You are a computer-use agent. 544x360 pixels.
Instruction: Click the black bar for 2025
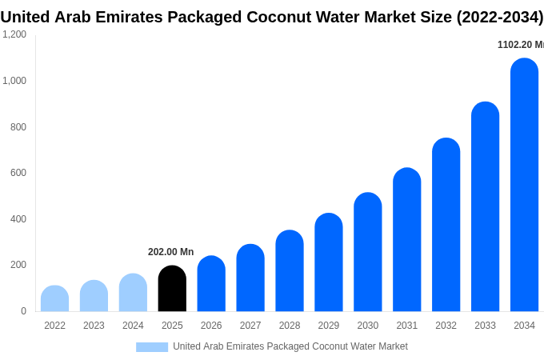tap(172, 289)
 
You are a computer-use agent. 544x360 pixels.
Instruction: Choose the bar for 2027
tap(250, 278)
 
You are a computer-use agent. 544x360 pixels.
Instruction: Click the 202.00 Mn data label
tap(170, 252)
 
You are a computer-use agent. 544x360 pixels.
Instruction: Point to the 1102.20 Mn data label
tap(520, 45)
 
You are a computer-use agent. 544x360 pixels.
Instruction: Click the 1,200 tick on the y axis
tap(14, 34)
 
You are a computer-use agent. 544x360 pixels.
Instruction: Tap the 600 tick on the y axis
tap(18, 173)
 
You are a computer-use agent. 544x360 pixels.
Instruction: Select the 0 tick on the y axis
tap(23, 311)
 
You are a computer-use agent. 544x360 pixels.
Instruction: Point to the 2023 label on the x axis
tap(94, 326)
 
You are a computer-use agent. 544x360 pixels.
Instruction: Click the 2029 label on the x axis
tap(329, 326)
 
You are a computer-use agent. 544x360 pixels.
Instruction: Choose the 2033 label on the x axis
tap(485, 326)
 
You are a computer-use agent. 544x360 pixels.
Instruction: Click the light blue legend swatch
tap(152, 347)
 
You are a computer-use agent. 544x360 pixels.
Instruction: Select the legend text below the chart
tap(290, 346)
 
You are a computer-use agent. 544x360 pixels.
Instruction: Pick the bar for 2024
tap(133, 293)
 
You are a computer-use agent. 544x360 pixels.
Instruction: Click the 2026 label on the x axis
tap(211, 326)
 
